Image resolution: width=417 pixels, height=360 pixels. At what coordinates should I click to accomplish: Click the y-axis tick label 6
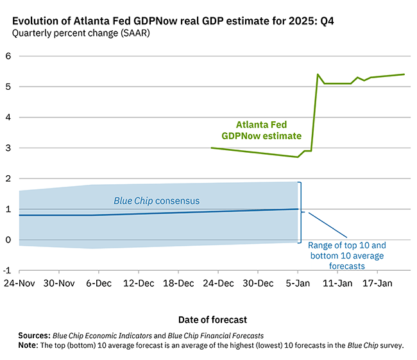[8, 56]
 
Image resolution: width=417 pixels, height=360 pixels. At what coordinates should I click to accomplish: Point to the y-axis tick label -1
[7, 271]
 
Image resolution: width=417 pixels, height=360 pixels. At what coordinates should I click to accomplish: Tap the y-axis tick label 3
[8, 148]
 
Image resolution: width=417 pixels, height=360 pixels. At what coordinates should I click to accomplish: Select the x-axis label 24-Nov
[19, 283]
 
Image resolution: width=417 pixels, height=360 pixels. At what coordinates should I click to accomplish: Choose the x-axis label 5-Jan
[298, 283]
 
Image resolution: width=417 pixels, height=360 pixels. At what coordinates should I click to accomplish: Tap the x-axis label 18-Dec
[178, 283]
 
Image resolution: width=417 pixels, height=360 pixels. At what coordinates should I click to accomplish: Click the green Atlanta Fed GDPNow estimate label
[261, 130]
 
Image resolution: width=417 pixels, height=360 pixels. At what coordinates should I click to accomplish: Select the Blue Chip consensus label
[157, 201]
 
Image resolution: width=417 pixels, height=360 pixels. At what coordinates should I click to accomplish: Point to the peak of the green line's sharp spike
[318, 74]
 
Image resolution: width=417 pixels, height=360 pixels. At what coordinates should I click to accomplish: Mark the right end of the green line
[404, 74]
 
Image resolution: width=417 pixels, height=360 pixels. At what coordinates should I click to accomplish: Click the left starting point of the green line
[212, 148]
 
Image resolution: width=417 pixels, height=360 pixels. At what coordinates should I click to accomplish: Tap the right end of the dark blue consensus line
[298, 209]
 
